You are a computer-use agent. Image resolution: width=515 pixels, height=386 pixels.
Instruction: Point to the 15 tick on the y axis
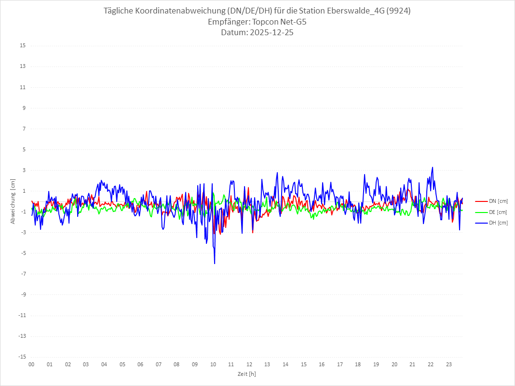click(x=23, y=46)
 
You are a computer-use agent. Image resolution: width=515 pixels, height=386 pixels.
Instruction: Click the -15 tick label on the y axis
click(x=22, y=357)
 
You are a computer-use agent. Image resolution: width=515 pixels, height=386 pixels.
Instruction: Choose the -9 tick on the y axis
click(x=23, y=294)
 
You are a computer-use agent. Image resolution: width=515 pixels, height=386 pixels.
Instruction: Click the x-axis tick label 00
click(x=31, y=364)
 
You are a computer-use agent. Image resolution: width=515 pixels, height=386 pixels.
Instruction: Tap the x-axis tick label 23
click(x=449, y=364)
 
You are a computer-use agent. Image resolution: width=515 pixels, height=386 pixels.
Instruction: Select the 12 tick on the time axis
click(x=249, y=364)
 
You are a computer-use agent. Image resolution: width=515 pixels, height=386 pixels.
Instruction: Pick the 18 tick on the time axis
click(x=358, y=364)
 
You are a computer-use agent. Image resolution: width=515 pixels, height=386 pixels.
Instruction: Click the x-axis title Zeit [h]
click(x=247, y=373)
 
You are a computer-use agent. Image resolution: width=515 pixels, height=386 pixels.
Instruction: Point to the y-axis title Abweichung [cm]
click(x=14, y=201)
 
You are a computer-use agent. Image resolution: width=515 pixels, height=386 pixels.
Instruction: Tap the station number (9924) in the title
click(x=399, y=11)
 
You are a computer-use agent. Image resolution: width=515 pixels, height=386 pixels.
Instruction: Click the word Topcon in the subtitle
click(x=264, y=22)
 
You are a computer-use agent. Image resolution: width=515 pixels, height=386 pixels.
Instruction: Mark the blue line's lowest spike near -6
click(x=215, y=263)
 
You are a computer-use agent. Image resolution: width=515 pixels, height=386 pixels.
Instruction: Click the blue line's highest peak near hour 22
click(x=433, y=168)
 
